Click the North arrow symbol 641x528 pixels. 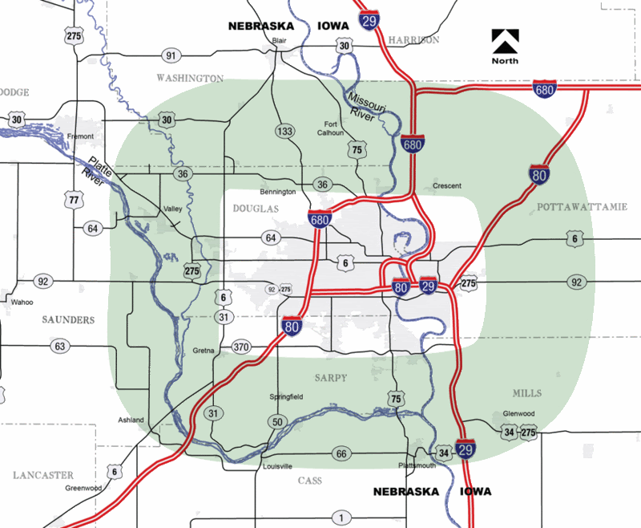pos(506,42)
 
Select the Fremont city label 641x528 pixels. pos(81,136)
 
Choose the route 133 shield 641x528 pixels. pos(284,131)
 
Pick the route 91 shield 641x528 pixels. pos(170,55)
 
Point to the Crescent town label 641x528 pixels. pos(447,185)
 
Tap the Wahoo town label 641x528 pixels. pos(22,303)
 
